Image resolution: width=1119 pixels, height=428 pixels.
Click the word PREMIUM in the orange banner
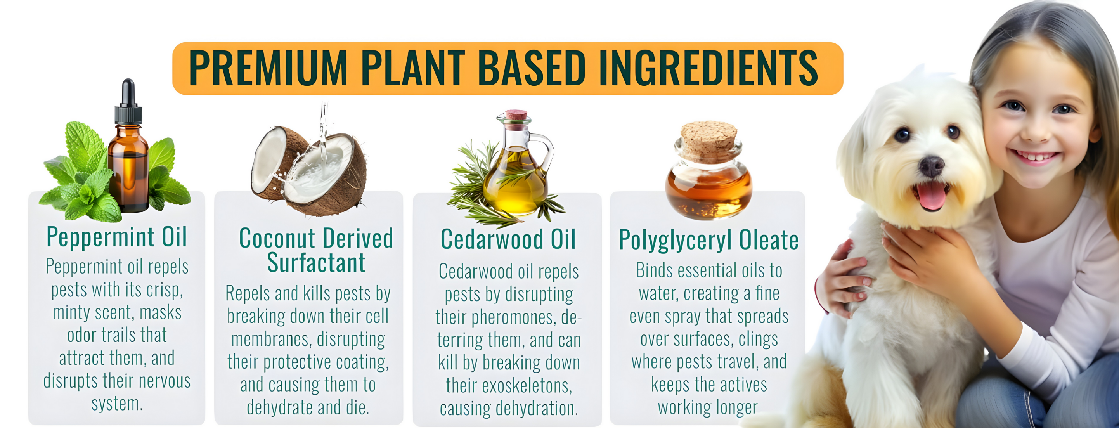click(268, 68)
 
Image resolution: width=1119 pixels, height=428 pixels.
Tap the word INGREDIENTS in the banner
click(708, 68)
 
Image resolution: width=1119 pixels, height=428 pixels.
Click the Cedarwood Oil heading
click(508, 239)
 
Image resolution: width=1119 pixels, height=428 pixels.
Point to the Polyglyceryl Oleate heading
click(708, 240)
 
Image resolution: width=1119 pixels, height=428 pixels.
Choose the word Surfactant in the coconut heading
click(316, 262)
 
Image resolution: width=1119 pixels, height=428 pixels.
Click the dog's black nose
click(931, 166)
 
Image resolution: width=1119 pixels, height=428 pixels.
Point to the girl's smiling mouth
click(1035, 156)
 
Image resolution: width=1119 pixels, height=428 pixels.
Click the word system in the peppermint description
click(117, 404)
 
